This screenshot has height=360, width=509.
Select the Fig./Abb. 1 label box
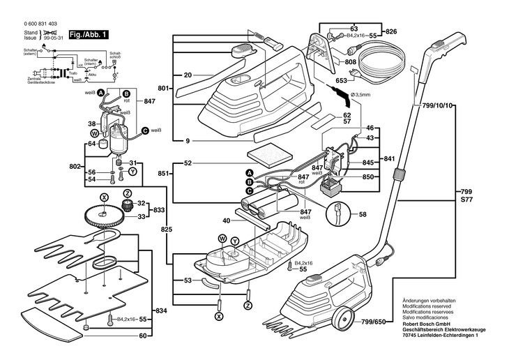coord(84,33)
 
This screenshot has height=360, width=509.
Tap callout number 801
coord(164,89)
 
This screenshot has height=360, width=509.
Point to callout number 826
coord(390,31)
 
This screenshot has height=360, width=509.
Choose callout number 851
coord(162,174)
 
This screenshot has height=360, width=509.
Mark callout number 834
coord(161,310)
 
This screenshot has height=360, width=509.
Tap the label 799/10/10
coord(438,105)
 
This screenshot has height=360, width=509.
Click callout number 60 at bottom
coord(143,336)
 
